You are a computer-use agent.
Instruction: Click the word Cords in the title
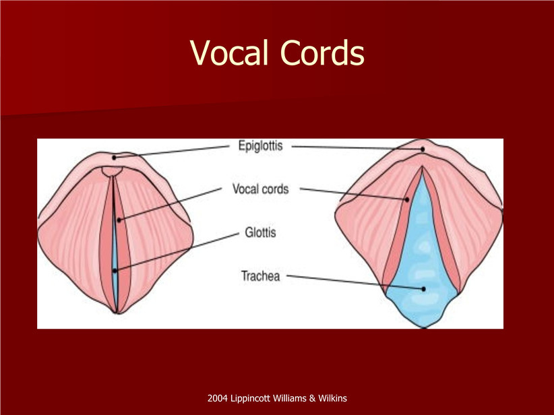[x=322, y=53]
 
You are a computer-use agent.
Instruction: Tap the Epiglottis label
[x=260, y=146]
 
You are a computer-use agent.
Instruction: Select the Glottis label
[x=260, y=232]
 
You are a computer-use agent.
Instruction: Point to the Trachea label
[x=260, y=276]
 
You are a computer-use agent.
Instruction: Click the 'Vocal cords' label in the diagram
[x=260, y=189]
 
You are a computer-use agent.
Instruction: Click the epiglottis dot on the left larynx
[x=114, y=158]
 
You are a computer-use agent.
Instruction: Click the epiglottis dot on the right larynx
[x=423, y=150]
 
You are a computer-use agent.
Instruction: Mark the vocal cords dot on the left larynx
[x=119, y=220]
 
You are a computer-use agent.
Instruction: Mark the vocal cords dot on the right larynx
[x=407, y=200]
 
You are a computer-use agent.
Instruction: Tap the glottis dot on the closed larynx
[x=115, y=271]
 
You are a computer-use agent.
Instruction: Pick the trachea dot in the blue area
[x=424, y=289]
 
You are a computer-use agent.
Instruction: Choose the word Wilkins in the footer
[x=332, y=398]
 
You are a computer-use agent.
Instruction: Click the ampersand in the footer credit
[x=312, y=398]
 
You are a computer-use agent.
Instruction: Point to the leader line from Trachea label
[x=355, y=282]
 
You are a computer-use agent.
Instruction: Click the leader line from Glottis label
[x=177, y=252]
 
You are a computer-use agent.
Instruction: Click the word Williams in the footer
[x=290, y=398]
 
